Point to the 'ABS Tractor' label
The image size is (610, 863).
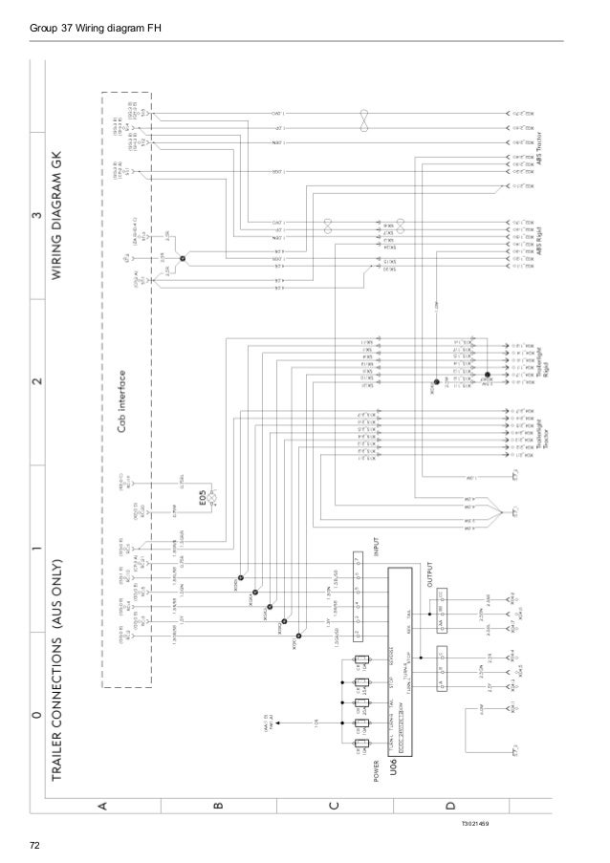click(x=565, y=149)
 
